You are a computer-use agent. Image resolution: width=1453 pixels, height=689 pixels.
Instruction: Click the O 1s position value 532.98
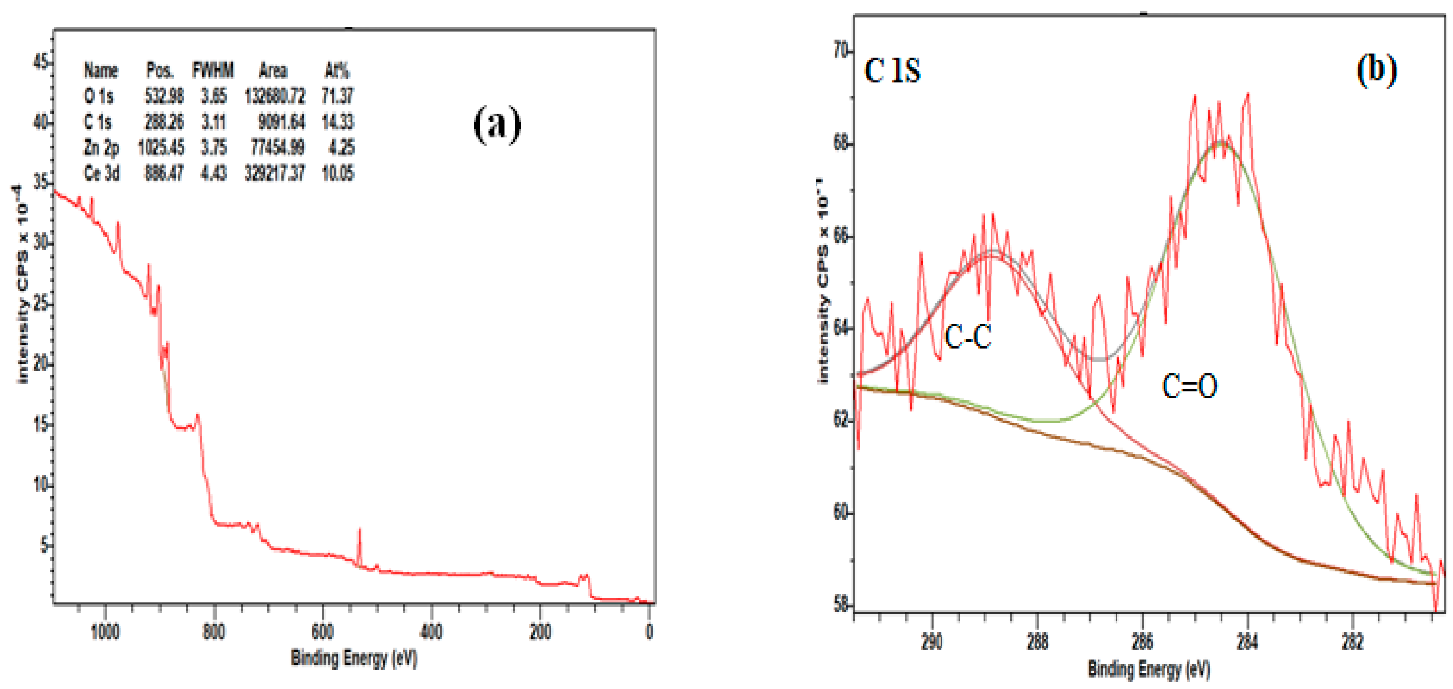tap(163, 96)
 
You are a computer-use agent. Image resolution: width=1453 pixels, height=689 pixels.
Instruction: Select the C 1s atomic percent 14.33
tap(337, 122)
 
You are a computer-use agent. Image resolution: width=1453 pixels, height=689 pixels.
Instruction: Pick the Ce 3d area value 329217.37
tap(274, 173)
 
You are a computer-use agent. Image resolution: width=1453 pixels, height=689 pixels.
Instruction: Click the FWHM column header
tap(213, 71)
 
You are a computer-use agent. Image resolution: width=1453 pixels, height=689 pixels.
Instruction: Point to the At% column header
tap(337, 71)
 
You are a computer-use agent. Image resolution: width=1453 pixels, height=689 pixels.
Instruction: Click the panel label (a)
tap(497, 124)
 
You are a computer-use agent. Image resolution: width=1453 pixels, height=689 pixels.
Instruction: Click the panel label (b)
tap(1376, 70)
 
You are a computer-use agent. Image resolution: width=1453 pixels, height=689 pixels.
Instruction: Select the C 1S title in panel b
tap(892, 71)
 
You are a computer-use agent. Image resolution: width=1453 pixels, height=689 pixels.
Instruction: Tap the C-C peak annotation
tap(968, 337)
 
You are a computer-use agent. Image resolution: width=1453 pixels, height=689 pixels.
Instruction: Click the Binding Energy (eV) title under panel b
tap(1148, 670)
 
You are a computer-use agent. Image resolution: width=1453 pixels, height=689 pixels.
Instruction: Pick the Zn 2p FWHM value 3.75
tap(214, 148)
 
